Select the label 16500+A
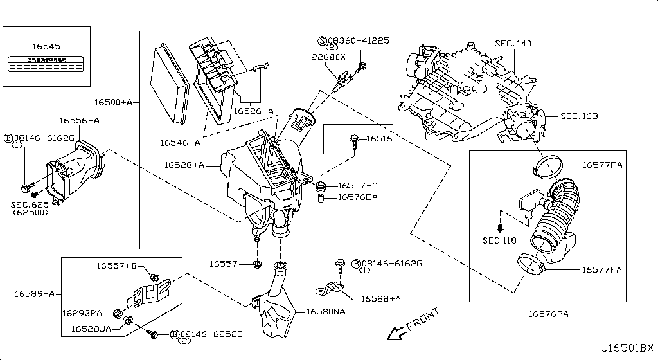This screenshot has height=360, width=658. click(113, 102)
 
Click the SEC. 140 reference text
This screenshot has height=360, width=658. click(513, 44)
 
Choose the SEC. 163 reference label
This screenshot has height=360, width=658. click(578, 116)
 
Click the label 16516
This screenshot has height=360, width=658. click(379, 139)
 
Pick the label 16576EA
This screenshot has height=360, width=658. click(358, 197)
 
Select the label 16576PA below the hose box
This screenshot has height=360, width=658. click(549, 313)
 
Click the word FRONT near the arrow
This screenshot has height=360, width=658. click(422, 319)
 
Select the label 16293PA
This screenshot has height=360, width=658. click(82, 313)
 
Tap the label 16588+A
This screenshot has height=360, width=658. click(380, 298)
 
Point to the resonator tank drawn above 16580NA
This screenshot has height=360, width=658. click(275, 307)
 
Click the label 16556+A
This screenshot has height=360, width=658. click(79, 120)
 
